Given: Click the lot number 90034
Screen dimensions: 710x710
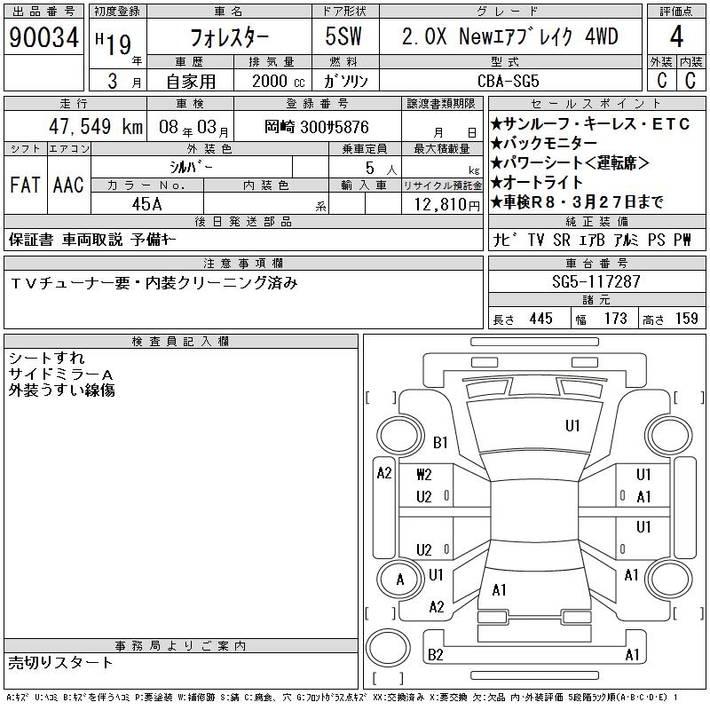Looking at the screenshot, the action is [43, 37].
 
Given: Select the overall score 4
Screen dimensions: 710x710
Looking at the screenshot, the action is [676, 36].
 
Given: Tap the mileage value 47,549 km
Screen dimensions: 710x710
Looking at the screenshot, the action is [96, 126].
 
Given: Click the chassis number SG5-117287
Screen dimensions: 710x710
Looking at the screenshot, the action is [596, 281].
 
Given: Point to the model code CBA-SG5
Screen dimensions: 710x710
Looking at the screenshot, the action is [509, 81].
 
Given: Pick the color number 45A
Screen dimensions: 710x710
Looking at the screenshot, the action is [146, 204].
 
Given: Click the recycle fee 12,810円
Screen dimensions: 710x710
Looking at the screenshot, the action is [447, 205].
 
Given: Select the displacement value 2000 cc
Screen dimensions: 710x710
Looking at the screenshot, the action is [279, 81].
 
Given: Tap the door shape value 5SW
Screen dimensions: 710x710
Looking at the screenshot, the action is [343, 36].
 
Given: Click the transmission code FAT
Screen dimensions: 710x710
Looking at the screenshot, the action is [25, 185].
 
